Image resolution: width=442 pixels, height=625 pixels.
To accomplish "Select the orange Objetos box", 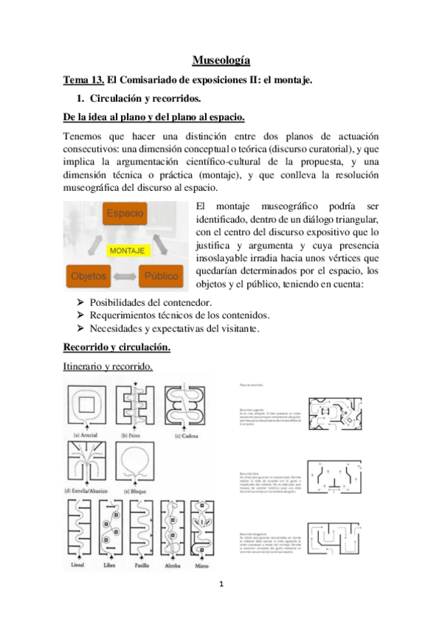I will click(x=88, y=277).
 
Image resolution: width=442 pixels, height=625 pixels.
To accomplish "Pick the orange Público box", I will click(x=162, y=277).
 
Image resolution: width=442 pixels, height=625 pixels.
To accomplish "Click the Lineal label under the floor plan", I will click(x=76, y=566).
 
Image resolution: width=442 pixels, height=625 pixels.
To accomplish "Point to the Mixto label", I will click(x=200, y=566).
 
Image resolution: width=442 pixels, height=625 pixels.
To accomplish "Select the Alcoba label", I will click(x=172, y=566).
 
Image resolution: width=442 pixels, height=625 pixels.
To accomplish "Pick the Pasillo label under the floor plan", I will click(x=142, y=566).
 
